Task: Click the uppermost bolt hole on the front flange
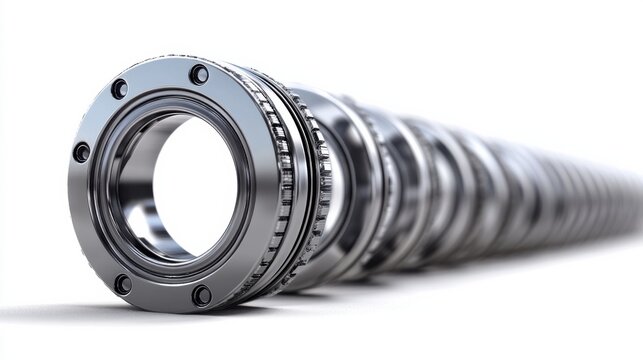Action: pyautogui.click(x=199, y=74)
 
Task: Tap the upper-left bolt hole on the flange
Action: pyautogui.click(x=119, y=89)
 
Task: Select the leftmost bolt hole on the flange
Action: pyautogui.click(x=81, y=152)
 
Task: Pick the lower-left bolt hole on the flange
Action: pyautogui.click(x=122, y=284)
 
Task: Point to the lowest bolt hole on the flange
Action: pyautogui.click(x=201, y=295)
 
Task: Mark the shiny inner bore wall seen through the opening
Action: pyautogui.click(x=140, y=200)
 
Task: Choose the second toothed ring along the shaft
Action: pyautogui.click(x=322, y=185)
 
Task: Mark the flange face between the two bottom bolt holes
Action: pyautogui.click(x=160, y=294)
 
